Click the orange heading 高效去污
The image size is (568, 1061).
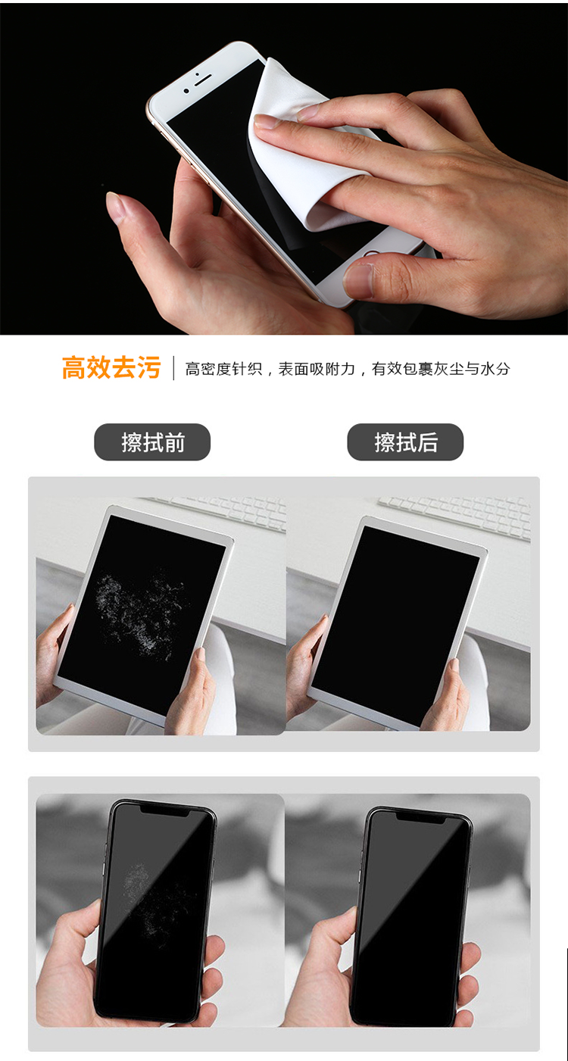pyautogui.click(x=111, y=368)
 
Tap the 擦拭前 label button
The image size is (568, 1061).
pyautogui.click(x=152, y=442)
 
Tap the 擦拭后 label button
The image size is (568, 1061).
pyautogui.click(x=405, y=442)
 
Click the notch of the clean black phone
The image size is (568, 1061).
pyautogui.click(x=422, y=816)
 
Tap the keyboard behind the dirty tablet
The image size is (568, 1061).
pyautogui.click(x=220, y=510)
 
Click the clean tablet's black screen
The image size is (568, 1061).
pyautogui.click(x=394, y=613)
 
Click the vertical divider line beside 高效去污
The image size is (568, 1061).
pyautogui.click(x=173, y=368)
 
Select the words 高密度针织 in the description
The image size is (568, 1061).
pyautogui.click(x=223, y=369)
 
